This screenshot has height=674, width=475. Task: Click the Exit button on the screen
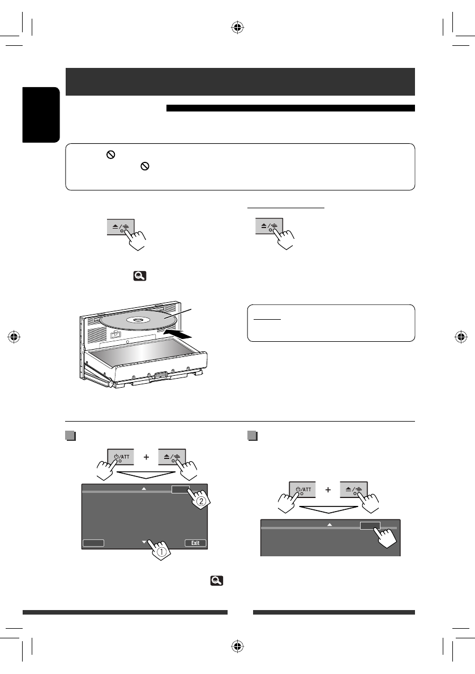click(x=195, y=543)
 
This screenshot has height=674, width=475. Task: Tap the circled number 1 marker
click(x=162, y=556)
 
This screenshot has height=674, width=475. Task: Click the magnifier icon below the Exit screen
click(x=216, y=581)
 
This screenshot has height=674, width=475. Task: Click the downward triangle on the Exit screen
click(x=144, y=542)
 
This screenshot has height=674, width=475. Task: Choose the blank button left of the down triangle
click(x=93, y=543)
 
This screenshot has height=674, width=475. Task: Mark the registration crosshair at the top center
click(x=238, y=25)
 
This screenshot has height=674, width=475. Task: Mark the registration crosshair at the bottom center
click(x=238, y=648)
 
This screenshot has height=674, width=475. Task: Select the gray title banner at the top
click(x=241, y=82)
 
